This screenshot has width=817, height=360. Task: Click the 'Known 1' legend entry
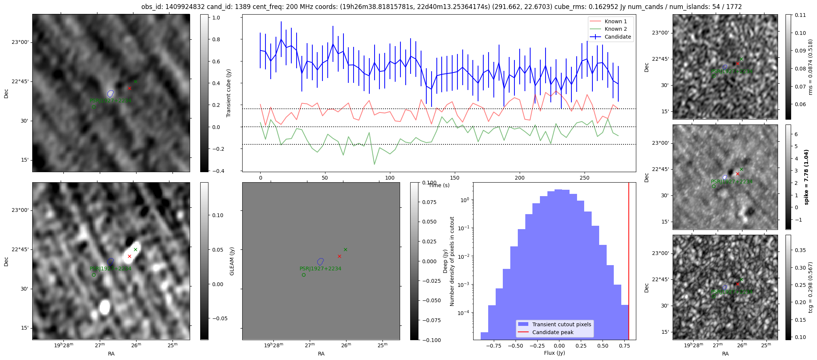pyautogui.click(x=615, y=21)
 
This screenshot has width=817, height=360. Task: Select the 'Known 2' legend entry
pyautogui.click(x=615, y=29)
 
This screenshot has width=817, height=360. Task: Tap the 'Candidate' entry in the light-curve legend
pyautogui.click(x=618, y=37)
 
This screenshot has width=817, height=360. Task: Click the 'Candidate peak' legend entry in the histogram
pyautogui.click(x=553, y=332)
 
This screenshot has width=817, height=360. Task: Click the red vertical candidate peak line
pyautogui.click(x=629, y=262)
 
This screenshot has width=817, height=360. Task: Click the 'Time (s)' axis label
pyautogui.click(x=439, y=185)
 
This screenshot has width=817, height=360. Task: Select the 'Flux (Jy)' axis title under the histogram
pyautogui.click(x=554, y=353)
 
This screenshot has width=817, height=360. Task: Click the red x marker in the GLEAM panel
pyautogui.click(x=339, y=256)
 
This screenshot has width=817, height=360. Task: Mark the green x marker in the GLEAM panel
pyautogui.click(x=345, y=249)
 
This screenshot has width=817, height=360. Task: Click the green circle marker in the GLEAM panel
pyautogui.click(x=304, y=275)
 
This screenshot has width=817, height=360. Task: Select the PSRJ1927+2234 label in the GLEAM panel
pyautogui.click(x=320, y=268)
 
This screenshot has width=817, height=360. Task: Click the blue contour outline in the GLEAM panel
pyautogui.click(x=320, y=261)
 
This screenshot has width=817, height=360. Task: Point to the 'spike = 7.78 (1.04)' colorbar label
pyautogui.click(x=807, y=177)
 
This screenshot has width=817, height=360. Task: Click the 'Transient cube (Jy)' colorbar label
pyautogui.click(x=228, y=93)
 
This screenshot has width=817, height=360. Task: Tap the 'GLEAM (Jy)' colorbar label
pyautogui.click(x=232, y=261)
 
